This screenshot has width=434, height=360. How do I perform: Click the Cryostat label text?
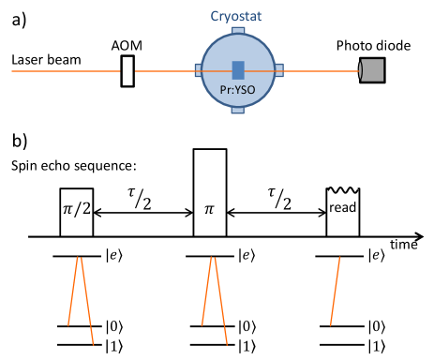[x=238, y=16]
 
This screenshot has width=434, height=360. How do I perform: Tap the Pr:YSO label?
[x=238, y=91]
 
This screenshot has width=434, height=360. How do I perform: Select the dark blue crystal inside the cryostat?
[x=238, y=70]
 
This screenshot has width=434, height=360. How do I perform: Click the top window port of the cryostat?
[x=238, y=31]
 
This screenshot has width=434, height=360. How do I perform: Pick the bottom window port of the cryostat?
[x=238, y=111]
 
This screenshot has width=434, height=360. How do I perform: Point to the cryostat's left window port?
[x=198, y=70]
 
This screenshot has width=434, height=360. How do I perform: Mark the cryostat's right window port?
[x=279, y=70]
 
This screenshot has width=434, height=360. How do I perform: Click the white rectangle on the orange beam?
[x=127, y=70]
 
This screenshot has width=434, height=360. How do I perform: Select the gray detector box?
[x=373, y=70]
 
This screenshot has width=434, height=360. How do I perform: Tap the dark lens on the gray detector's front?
[x=362, y=70]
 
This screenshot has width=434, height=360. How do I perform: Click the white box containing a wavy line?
[x=344, y=190]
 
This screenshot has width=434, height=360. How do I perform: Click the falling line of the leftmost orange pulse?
[x=87, y=300]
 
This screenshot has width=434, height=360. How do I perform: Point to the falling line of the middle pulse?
[x=221, y=300]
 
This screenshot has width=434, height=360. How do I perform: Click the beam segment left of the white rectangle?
[x=66, y=70]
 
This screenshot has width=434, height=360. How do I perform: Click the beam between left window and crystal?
[x=217, y=70]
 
